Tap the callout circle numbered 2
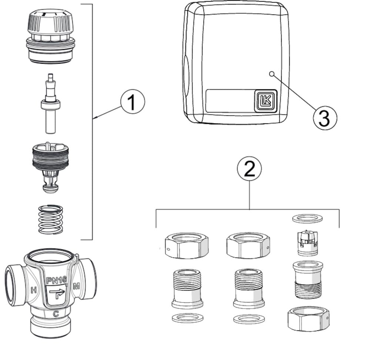click(x=249, y=169)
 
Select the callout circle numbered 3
click(x=325, y=118)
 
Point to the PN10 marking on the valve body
click(x=56, y=280)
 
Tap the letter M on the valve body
click(x=77, y=286)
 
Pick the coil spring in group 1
click(x=51, y=219)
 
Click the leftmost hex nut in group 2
click(x=186, y=246)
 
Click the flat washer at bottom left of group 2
click(x=188, y=318)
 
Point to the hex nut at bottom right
click(x=308, y=319)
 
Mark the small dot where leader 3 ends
click(x=272, y=74)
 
